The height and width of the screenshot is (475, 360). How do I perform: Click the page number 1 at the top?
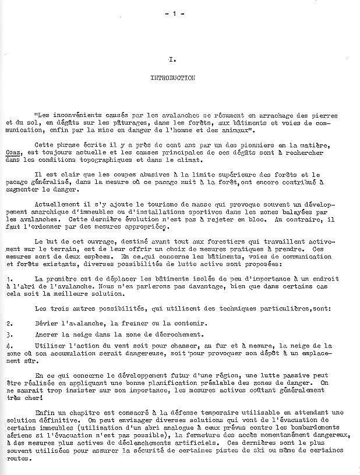point(173,14)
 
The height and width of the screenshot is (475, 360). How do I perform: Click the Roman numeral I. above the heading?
point(173,59)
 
